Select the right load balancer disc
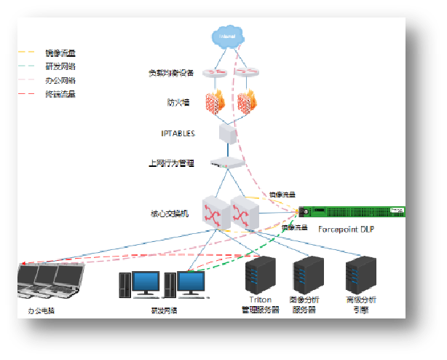(248, 73)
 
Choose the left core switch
(215, 212)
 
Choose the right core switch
(243, 211)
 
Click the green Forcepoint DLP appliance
(352, 211)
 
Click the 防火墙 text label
(177, 103)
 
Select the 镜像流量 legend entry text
(60, 52)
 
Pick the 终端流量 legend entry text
(60, 94)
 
